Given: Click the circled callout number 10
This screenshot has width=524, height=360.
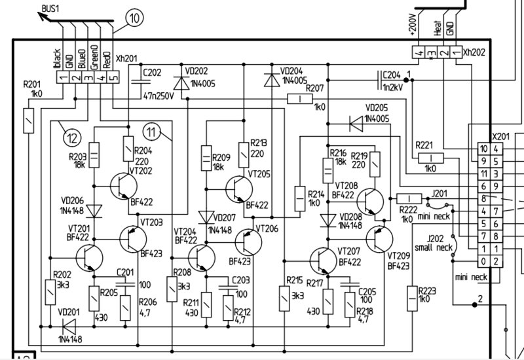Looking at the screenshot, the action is [x=134, y=18].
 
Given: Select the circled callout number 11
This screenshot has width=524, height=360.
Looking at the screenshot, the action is [x=151, y=132].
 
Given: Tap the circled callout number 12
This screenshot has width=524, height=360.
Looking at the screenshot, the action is [x=72, y=137].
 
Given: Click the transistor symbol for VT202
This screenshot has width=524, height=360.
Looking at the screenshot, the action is [x=123, y=187].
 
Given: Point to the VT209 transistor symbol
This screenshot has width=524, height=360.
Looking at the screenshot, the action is [x=379, y=240].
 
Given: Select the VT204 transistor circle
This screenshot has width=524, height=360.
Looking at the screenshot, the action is [x=202, y=258].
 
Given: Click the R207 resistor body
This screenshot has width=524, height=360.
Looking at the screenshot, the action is [x=300, y=99].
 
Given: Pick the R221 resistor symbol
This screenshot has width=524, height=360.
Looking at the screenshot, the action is [x=431, y=158].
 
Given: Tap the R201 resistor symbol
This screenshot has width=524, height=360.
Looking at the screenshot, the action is [x=28, y=120].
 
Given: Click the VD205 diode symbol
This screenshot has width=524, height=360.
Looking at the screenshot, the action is [x=356, y=124].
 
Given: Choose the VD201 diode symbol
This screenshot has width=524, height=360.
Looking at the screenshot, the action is [x=69, y=326].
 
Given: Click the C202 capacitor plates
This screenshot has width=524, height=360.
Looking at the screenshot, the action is [x=141, y=81].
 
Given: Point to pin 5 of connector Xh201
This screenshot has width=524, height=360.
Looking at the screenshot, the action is [x=113, y=78].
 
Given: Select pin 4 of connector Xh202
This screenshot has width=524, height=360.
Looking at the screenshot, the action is [x=419, y=53].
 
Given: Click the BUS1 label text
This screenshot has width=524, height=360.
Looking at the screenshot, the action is [x=50, y=9].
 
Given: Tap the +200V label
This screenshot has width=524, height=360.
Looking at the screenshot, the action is [x=412, y=25].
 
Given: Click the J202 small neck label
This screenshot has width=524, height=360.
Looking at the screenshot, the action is [x=434, y=243].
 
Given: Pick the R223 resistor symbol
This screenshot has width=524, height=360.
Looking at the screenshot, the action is [x=413, y=298].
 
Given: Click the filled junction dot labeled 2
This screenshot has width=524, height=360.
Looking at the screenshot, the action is [x=474, y=304].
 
